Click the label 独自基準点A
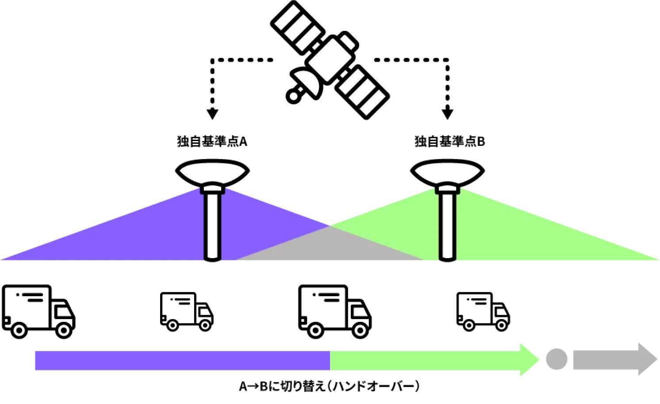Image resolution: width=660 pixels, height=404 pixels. click(212, 141)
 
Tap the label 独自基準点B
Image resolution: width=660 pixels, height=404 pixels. click(449, 141)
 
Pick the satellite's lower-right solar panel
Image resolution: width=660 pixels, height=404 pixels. click(362, 92)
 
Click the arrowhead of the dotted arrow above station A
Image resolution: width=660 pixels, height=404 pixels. click(212, 113)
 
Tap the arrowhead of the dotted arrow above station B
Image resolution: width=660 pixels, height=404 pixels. click(447, 113)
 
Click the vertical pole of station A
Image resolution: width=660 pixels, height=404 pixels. click(212, 225)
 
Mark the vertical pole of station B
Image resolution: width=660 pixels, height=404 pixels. click(447, 225)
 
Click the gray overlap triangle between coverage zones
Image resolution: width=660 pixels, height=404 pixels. click(330, 248)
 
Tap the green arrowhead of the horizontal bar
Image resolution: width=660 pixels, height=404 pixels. click(529, 360)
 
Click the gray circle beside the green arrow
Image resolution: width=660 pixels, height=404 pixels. click(556, 359)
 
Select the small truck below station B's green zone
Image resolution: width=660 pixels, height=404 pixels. click(483, 311)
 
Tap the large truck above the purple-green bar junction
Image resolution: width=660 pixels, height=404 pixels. click(334, 311)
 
